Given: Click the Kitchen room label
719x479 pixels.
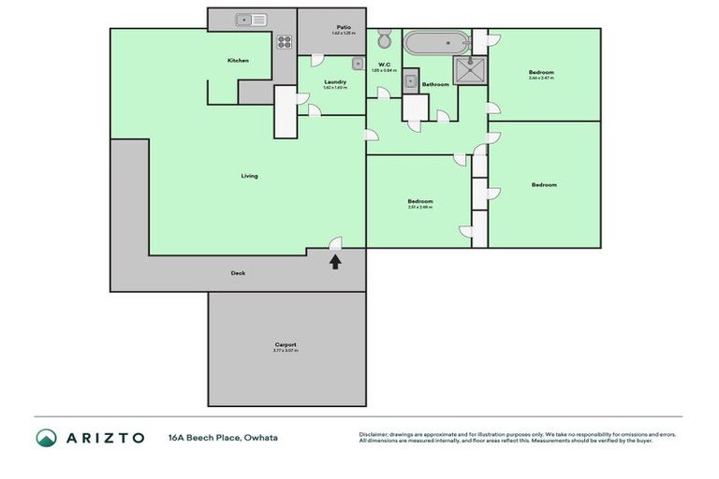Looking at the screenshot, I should pyautogui.click(x=238, y=61).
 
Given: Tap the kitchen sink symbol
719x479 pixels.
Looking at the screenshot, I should pyautogui.click(x=252, y=19).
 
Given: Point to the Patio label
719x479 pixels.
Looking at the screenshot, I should pyautogui.click(x=343, y=28).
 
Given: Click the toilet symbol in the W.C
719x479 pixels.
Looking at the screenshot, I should pyautogui.click(x=384, y=40).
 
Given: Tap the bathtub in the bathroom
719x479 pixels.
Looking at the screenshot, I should pyautogui.click(x=436, y=42).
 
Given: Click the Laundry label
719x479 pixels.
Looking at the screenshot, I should pyautogui.click(x=335, y=81).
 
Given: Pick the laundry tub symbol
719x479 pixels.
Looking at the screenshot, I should pyautogui.click(x=358, y=64).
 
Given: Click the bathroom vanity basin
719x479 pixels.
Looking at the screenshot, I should pyautogui.click(x=411, y=82).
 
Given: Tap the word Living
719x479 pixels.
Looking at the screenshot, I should pyautogui.click(x=249, y=176).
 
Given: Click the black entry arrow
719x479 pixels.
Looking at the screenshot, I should pyautogui.click(x=335, y=262).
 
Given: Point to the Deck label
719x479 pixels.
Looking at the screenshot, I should pyautogui.click(x=239, y=273).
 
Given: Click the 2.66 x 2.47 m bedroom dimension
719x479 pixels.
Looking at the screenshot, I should pyautogui.click(x=540, y=79).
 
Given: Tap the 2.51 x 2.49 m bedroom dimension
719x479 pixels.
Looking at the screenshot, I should pyautogui.click(x=419, y=208).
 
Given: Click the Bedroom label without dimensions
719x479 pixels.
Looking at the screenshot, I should pyautogui.click(x=544, y=185).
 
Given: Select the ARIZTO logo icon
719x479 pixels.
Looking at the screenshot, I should pyautogui.click(x=46, y=437).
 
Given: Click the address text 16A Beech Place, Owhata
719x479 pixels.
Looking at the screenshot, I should pyautogui.click(x=223, y=437).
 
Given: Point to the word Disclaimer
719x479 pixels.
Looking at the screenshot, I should pyautogui.click(x=374, y=434).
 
